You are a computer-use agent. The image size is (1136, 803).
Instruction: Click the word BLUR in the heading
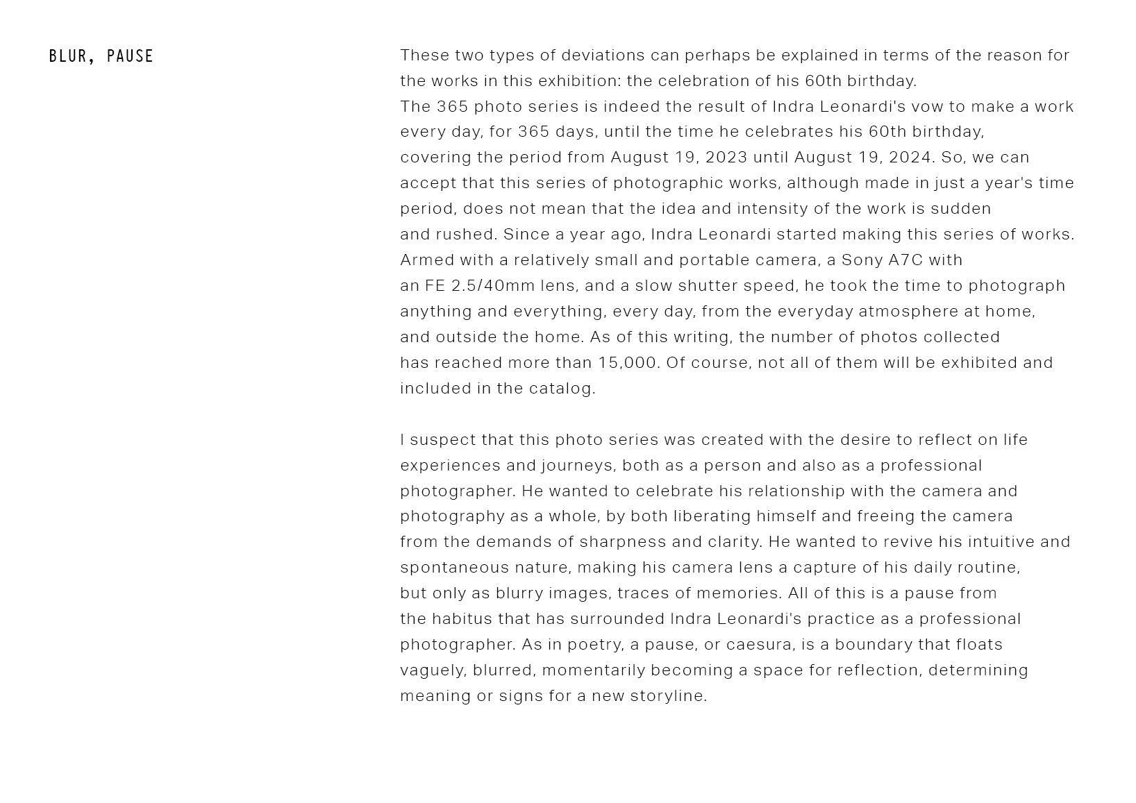68,56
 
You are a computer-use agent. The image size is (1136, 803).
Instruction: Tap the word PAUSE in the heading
130,56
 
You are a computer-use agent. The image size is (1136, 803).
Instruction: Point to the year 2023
726,158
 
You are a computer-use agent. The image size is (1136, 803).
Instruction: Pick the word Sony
862,260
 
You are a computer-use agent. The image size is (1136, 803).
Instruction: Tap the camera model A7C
905,260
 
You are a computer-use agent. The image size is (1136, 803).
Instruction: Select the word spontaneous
455,568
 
